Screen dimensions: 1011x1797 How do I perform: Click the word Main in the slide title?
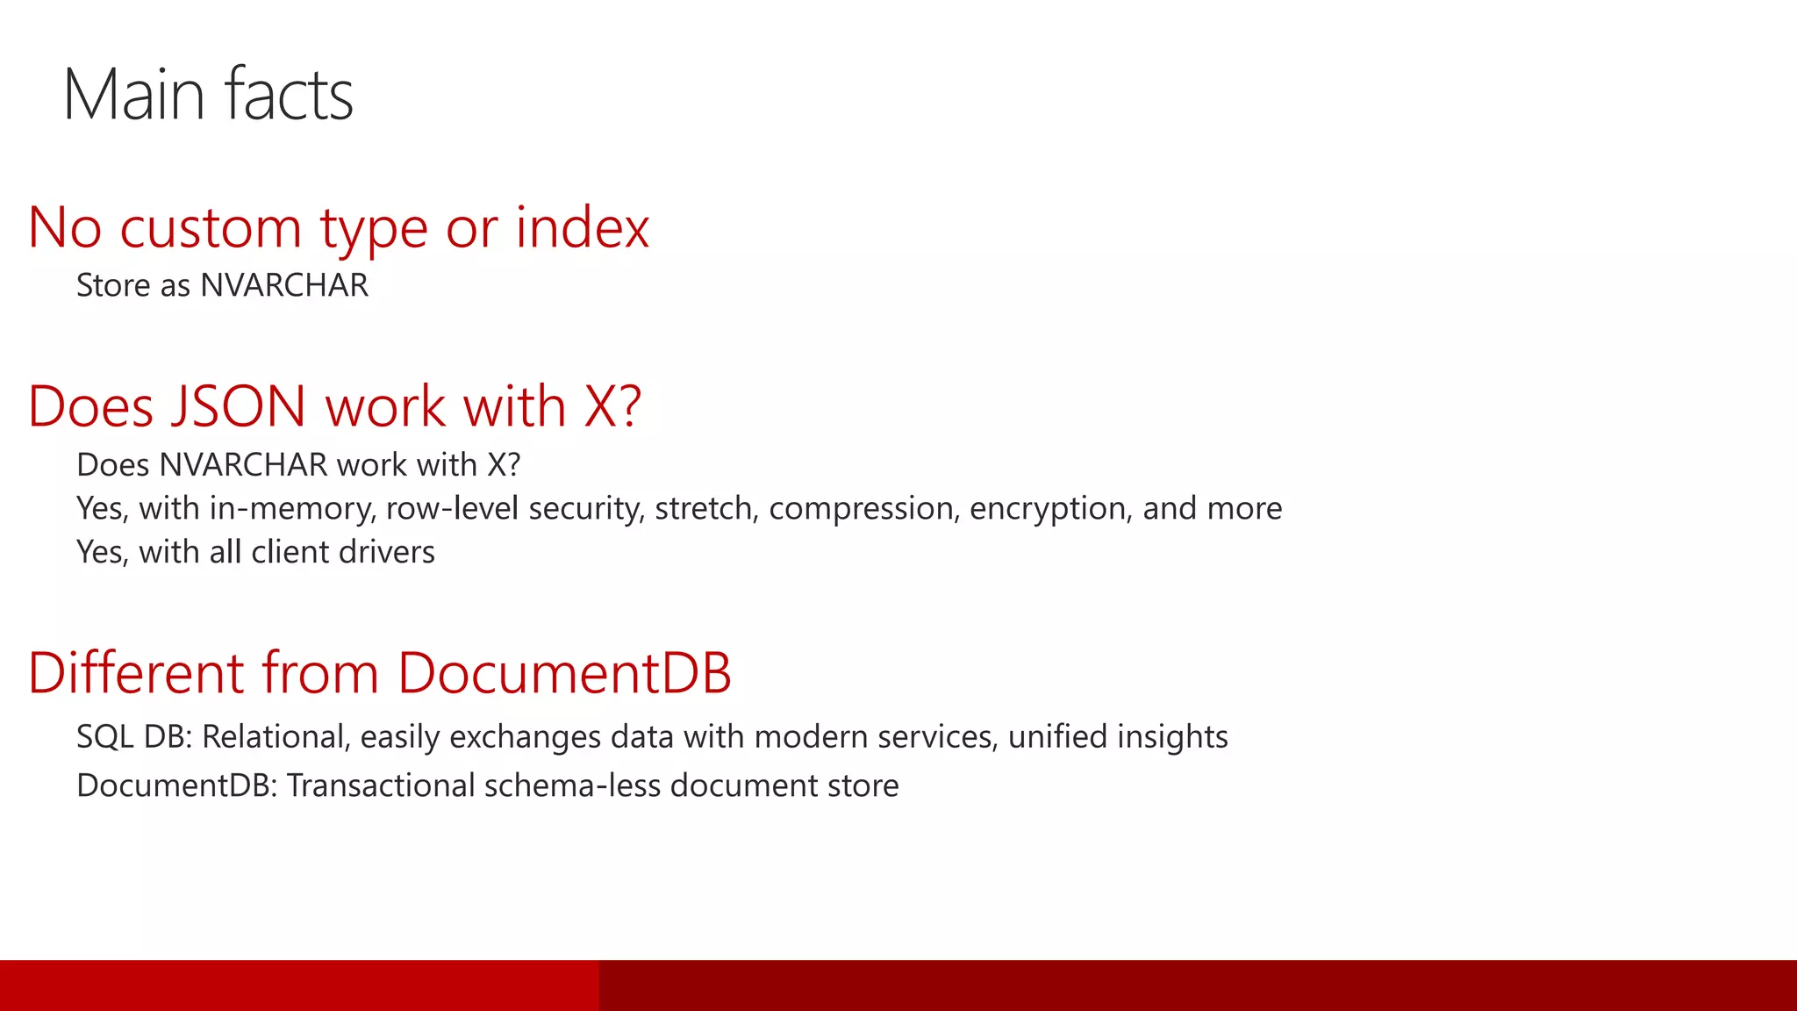point(134,95)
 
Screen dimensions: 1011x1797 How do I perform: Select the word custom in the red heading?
point(211,228)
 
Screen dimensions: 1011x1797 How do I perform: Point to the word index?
point(582,228)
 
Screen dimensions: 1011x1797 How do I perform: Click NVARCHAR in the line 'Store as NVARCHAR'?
point(284,286)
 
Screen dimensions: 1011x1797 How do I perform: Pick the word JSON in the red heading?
point(238,407)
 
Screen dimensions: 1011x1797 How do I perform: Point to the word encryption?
point(1049,509)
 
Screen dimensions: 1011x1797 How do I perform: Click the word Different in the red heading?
point(136,674)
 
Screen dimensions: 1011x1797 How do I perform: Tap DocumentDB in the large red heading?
point(564,674)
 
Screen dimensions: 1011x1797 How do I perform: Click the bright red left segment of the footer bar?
point(298,986)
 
